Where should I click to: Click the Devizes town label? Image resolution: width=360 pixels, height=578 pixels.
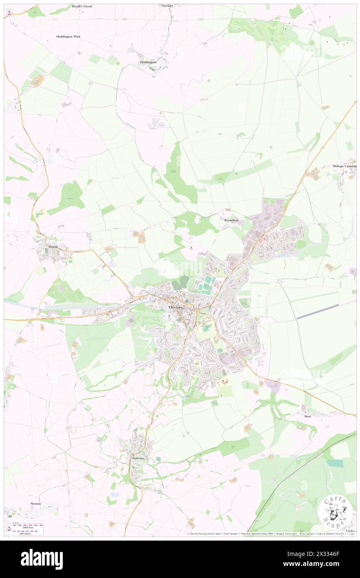tap(175, 307)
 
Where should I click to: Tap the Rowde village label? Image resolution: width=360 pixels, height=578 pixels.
tap(53, 247)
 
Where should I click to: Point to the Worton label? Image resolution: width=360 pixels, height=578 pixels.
tap(36, 503)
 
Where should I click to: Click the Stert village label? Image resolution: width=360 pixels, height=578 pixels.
tap(308, 416)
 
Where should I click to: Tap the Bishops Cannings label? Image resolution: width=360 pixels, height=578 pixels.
tap(345, 166)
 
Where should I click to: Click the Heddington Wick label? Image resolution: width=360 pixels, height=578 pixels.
tap(69, 37)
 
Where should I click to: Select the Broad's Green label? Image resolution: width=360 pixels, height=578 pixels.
tap(82, 7)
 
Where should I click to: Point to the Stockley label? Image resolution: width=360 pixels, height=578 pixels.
tap(167, 6)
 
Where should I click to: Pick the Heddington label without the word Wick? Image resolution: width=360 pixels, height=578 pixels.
tap(148, 62)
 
